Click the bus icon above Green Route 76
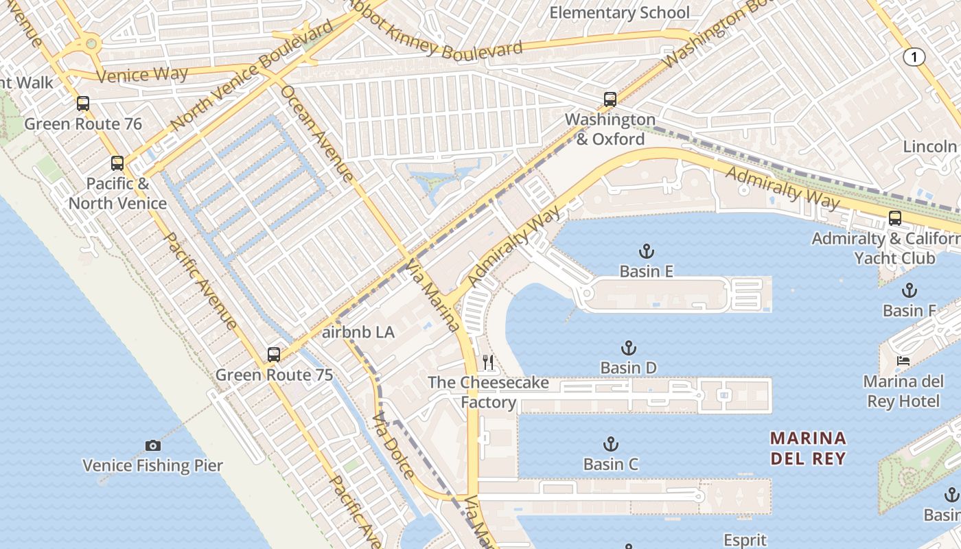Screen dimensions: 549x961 click(x=83, y=104)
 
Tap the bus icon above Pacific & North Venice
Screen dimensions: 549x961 click(x=117, y=163)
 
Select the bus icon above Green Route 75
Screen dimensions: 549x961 click(x=274, y=355)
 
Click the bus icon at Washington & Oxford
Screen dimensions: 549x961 click(x=610, y=100)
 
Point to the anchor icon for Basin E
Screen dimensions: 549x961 click(x=646, y=251)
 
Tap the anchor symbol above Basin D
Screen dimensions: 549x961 click(x=628, y=348)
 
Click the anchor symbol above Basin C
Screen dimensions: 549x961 click(x=610, y=444)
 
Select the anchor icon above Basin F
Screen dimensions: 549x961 click(x=909, y=290)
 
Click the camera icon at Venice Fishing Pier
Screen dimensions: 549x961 click(x=153, y=446)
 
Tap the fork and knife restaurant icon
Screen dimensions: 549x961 click(x=488, y=362)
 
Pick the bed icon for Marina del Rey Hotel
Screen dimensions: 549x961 click(x=903, y=361)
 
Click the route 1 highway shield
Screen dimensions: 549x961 click(x=914, y=58)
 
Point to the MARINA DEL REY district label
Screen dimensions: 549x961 click(x=808, y=448)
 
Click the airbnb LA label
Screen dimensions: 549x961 click(x=358, y=332)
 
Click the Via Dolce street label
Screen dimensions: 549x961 click(x=393, y=445)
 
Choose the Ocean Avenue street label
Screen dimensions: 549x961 click(x=317, y=134)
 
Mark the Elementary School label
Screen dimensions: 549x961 click(x=619, y=12)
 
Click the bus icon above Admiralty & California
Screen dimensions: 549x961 click(x=894, y=218)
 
